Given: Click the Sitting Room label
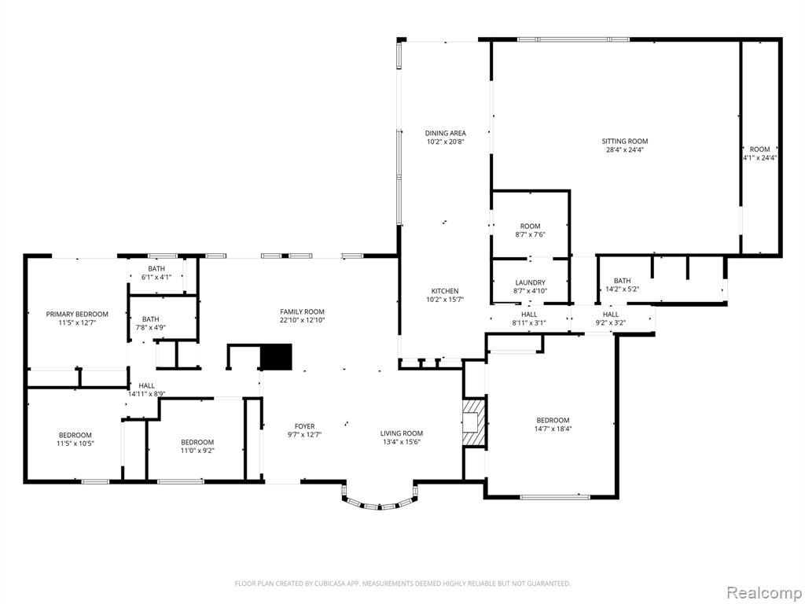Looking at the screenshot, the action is coord(625,142).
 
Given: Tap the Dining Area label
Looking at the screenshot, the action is coord(445,133).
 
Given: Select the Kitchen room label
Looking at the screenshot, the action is coord(445,291).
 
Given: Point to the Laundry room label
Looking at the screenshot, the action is coord(531,282).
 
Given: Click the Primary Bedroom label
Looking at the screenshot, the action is coord(77,315).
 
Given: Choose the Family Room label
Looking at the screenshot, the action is coord(302,311).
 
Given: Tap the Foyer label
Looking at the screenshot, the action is coord(304,426).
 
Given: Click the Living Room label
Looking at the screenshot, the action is coord(402,433).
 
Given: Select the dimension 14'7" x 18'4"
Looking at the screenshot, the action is coord(553,429).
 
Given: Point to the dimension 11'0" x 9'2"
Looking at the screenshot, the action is coord(197,451).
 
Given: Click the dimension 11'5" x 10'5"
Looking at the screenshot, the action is coord(75,444).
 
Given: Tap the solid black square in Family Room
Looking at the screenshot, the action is coord(276,357).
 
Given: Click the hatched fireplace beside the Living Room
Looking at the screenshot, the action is coord(472,422).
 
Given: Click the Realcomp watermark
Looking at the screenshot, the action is coord(763,592).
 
